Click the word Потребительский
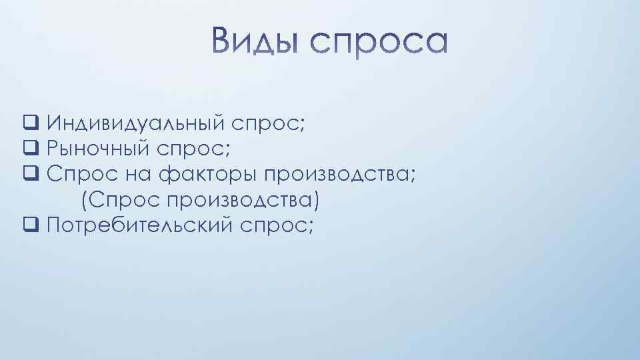(x=139, y=225)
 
